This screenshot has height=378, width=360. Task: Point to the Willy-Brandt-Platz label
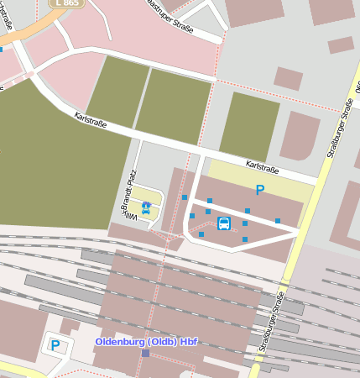pyautogui.click(x=130, y=197)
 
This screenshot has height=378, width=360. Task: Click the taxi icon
pyautogui.click(x=146, y=207)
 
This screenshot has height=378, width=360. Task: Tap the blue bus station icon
pyautogui.click(x=224, y=223)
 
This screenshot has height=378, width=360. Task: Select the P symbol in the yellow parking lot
pyautogui.click(x=259, y=191)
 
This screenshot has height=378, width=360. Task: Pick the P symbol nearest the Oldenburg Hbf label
pyautogui.click(x=55, y=344)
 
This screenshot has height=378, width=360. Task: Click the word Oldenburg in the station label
pyautogui.click(x=121, y=342)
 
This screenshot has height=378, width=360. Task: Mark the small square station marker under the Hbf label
pyautogui.click(x=145, y=354)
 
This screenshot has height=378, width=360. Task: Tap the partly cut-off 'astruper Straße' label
pyautogui.click(x=170, y=15)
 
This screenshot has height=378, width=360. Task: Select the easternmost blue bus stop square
pyautogui.click(x=278, y=220)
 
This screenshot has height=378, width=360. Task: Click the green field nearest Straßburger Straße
pyautogui.click(x=249, y=126)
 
